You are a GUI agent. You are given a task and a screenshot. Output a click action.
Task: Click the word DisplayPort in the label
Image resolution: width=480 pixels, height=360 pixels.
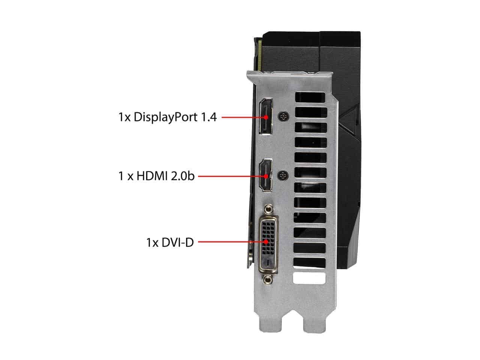(x=165, y=117)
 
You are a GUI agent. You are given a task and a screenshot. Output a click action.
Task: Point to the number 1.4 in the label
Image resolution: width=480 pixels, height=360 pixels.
(x=208, y=117)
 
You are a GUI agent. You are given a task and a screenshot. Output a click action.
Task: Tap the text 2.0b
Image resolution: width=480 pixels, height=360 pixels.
(x=182, y=176)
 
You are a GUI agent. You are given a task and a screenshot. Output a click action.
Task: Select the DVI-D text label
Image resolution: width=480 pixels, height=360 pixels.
(x=170, y=242)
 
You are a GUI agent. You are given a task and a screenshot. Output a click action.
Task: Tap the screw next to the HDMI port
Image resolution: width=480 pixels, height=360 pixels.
(x=283, y=175)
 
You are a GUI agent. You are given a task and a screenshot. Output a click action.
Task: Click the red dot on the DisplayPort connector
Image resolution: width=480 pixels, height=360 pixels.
(x=266, y=117)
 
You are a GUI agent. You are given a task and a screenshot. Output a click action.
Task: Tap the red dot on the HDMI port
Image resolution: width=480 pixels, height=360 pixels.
(x=266, y=176)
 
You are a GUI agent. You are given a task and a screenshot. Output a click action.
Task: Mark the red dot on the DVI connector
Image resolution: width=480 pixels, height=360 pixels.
(x=266, y=242)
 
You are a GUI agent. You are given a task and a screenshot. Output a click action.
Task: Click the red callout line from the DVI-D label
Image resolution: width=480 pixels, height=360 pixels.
(x=232, y=242)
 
